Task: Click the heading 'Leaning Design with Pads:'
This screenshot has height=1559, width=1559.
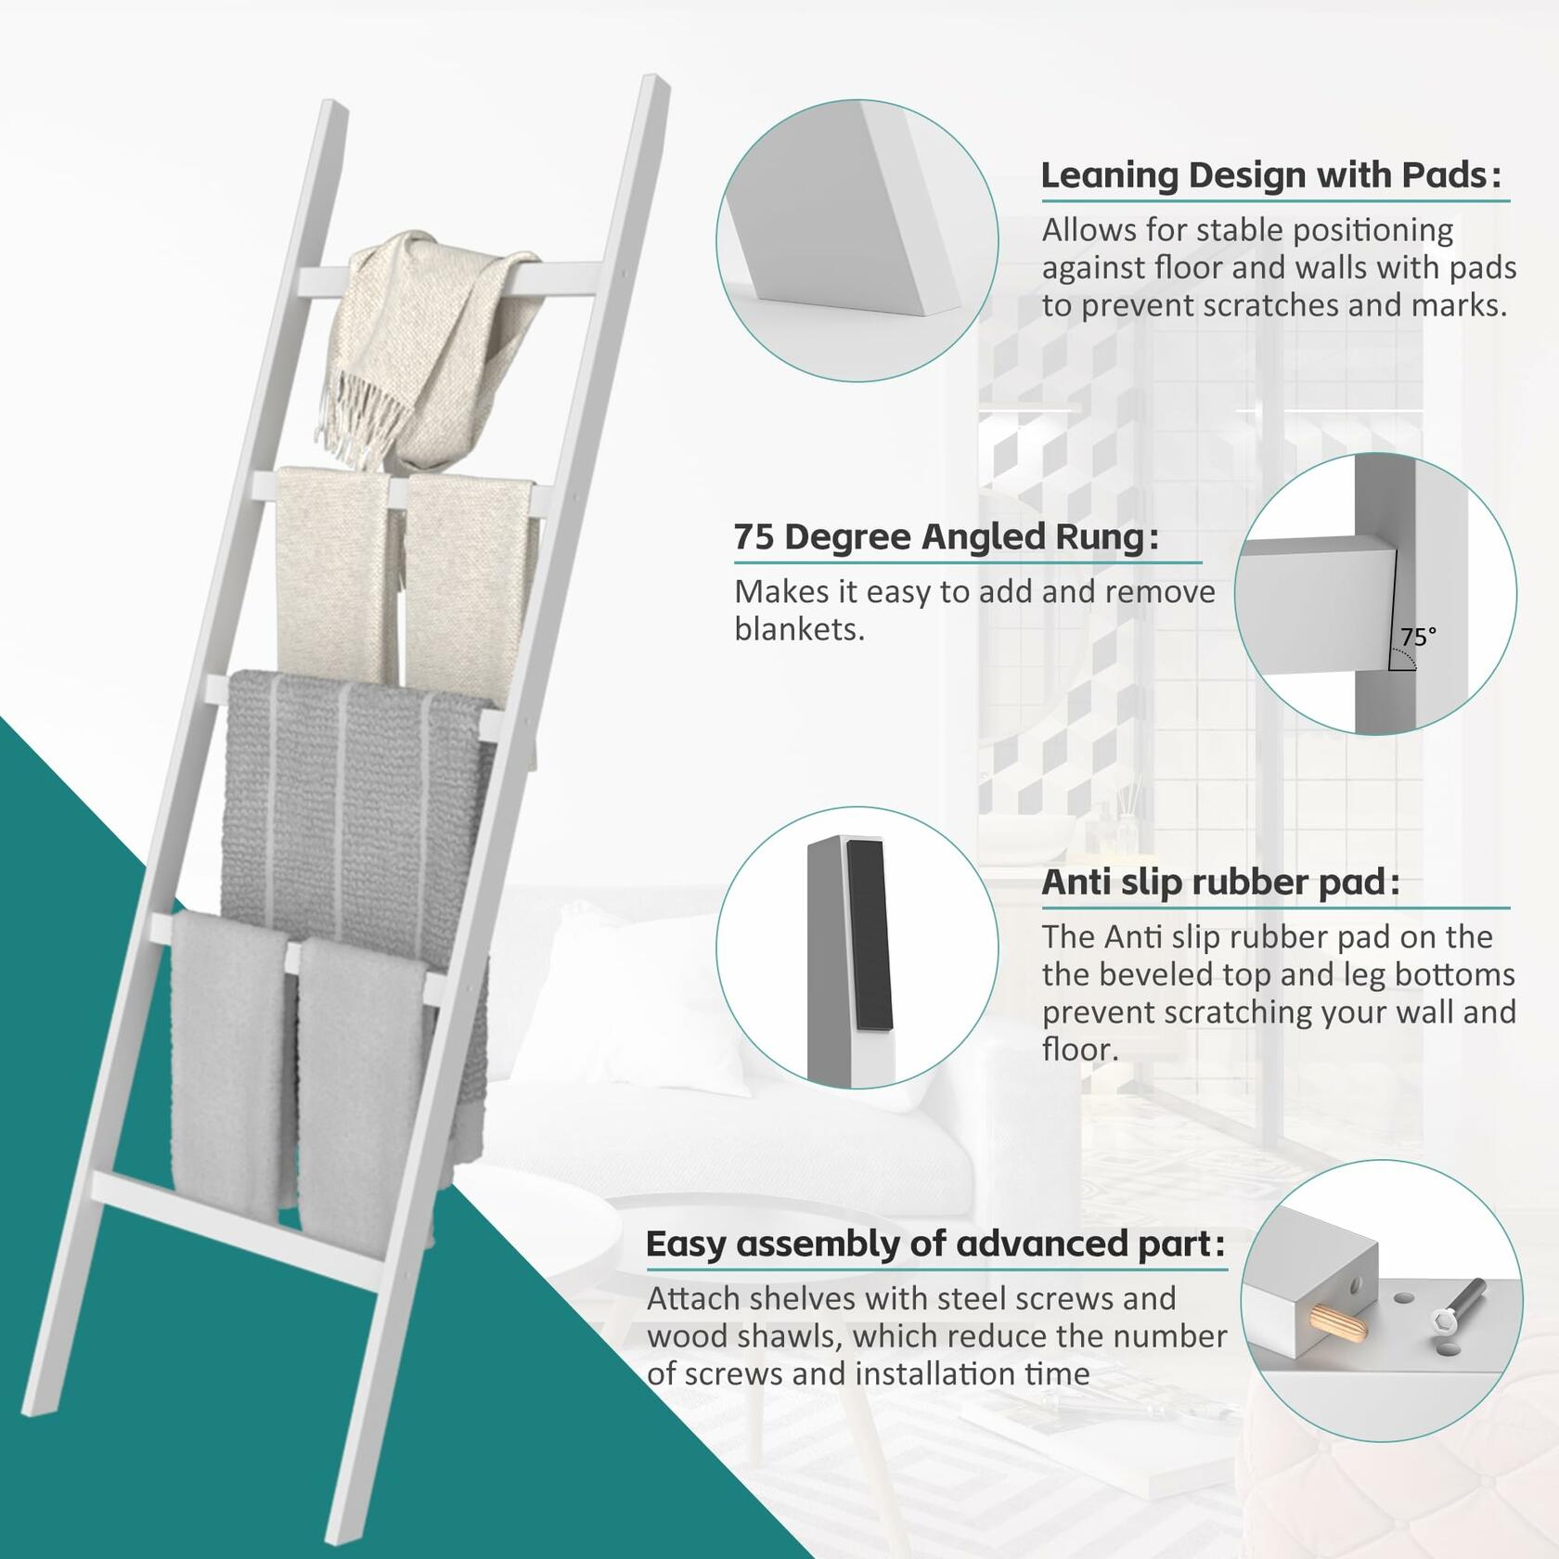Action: tap(1270, 174)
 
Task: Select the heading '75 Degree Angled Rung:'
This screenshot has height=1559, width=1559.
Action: tap(946, 536)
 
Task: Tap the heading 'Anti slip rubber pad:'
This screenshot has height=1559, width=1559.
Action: tap(1219, 882)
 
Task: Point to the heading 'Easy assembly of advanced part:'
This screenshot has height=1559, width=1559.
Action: tap(935, 1243)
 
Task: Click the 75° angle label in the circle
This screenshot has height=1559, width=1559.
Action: tap(1418, 637)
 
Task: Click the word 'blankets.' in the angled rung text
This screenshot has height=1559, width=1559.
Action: tap(799, 630)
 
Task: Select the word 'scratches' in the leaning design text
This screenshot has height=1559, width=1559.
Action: tap(1263, 305)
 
